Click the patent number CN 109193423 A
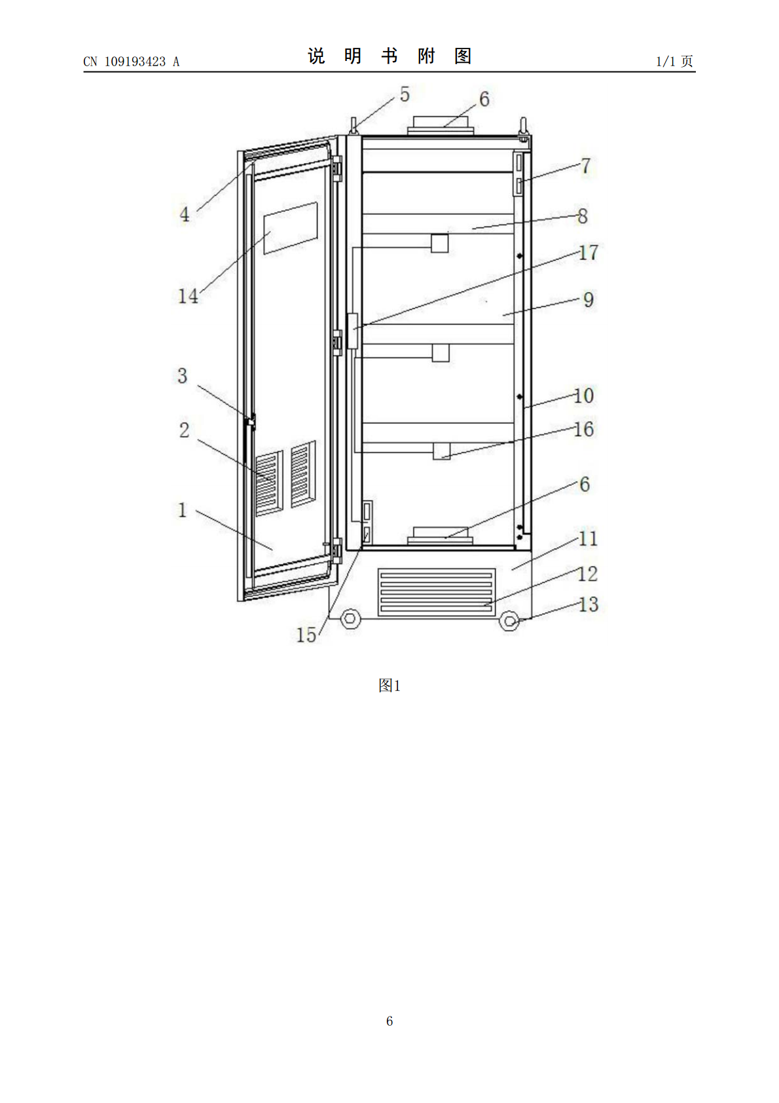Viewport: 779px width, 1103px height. pyautogui.click(x=132, y=62)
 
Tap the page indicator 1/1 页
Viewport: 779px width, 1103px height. pyautogui.click(x=674, y=61)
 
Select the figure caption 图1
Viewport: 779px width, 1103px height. pyautogui.click(x=389, y=685)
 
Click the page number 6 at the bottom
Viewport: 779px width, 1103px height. pyautogui.click(x=389, y=1020)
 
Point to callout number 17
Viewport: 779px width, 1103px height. pyautogui.click(x=589, y=253)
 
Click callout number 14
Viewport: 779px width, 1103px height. pyautogui.click(x=188, y=296)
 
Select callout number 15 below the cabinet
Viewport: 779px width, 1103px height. pyautogui.click(x=306, y=635)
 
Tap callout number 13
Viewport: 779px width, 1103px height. pyautogui.click(x=589, y=604)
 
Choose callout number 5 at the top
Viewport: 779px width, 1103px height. pyautogui.click(x=405, y=94)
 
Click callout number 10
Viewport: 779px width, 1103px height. pyautogui.click(x=584, y=396)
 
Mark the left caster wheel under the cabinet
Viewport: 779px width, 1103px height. pyautogui.click(x=350, y=618)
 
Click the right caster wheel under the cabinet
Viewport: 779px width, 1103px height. pyautogui.click(x=509, y=621)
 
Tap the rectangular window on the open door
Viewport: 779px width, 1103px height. pyautogui.click(x=291, y=228)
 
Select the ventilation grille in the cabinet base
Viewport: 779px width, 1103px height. pyautogui.click(x=437, y=592)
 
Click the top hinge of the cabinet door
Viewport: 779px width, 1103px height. pyautogui.click(x=337, y=168)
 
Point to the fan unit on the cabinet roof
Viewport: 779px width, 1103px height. pyautogui.click(x=441, y=125)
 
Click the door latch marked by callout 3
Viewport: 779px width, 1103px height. pyautogui.click(x=251, y=422)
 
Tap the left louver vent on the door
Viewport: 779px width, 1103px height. pyautogui.click(x=268, y=483)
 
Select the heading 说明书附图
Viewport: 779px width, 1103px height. pyautogui.click(x=389, y=56)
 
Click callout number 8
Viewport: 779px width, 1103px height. pyautogui.click(x=583, y=216)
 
